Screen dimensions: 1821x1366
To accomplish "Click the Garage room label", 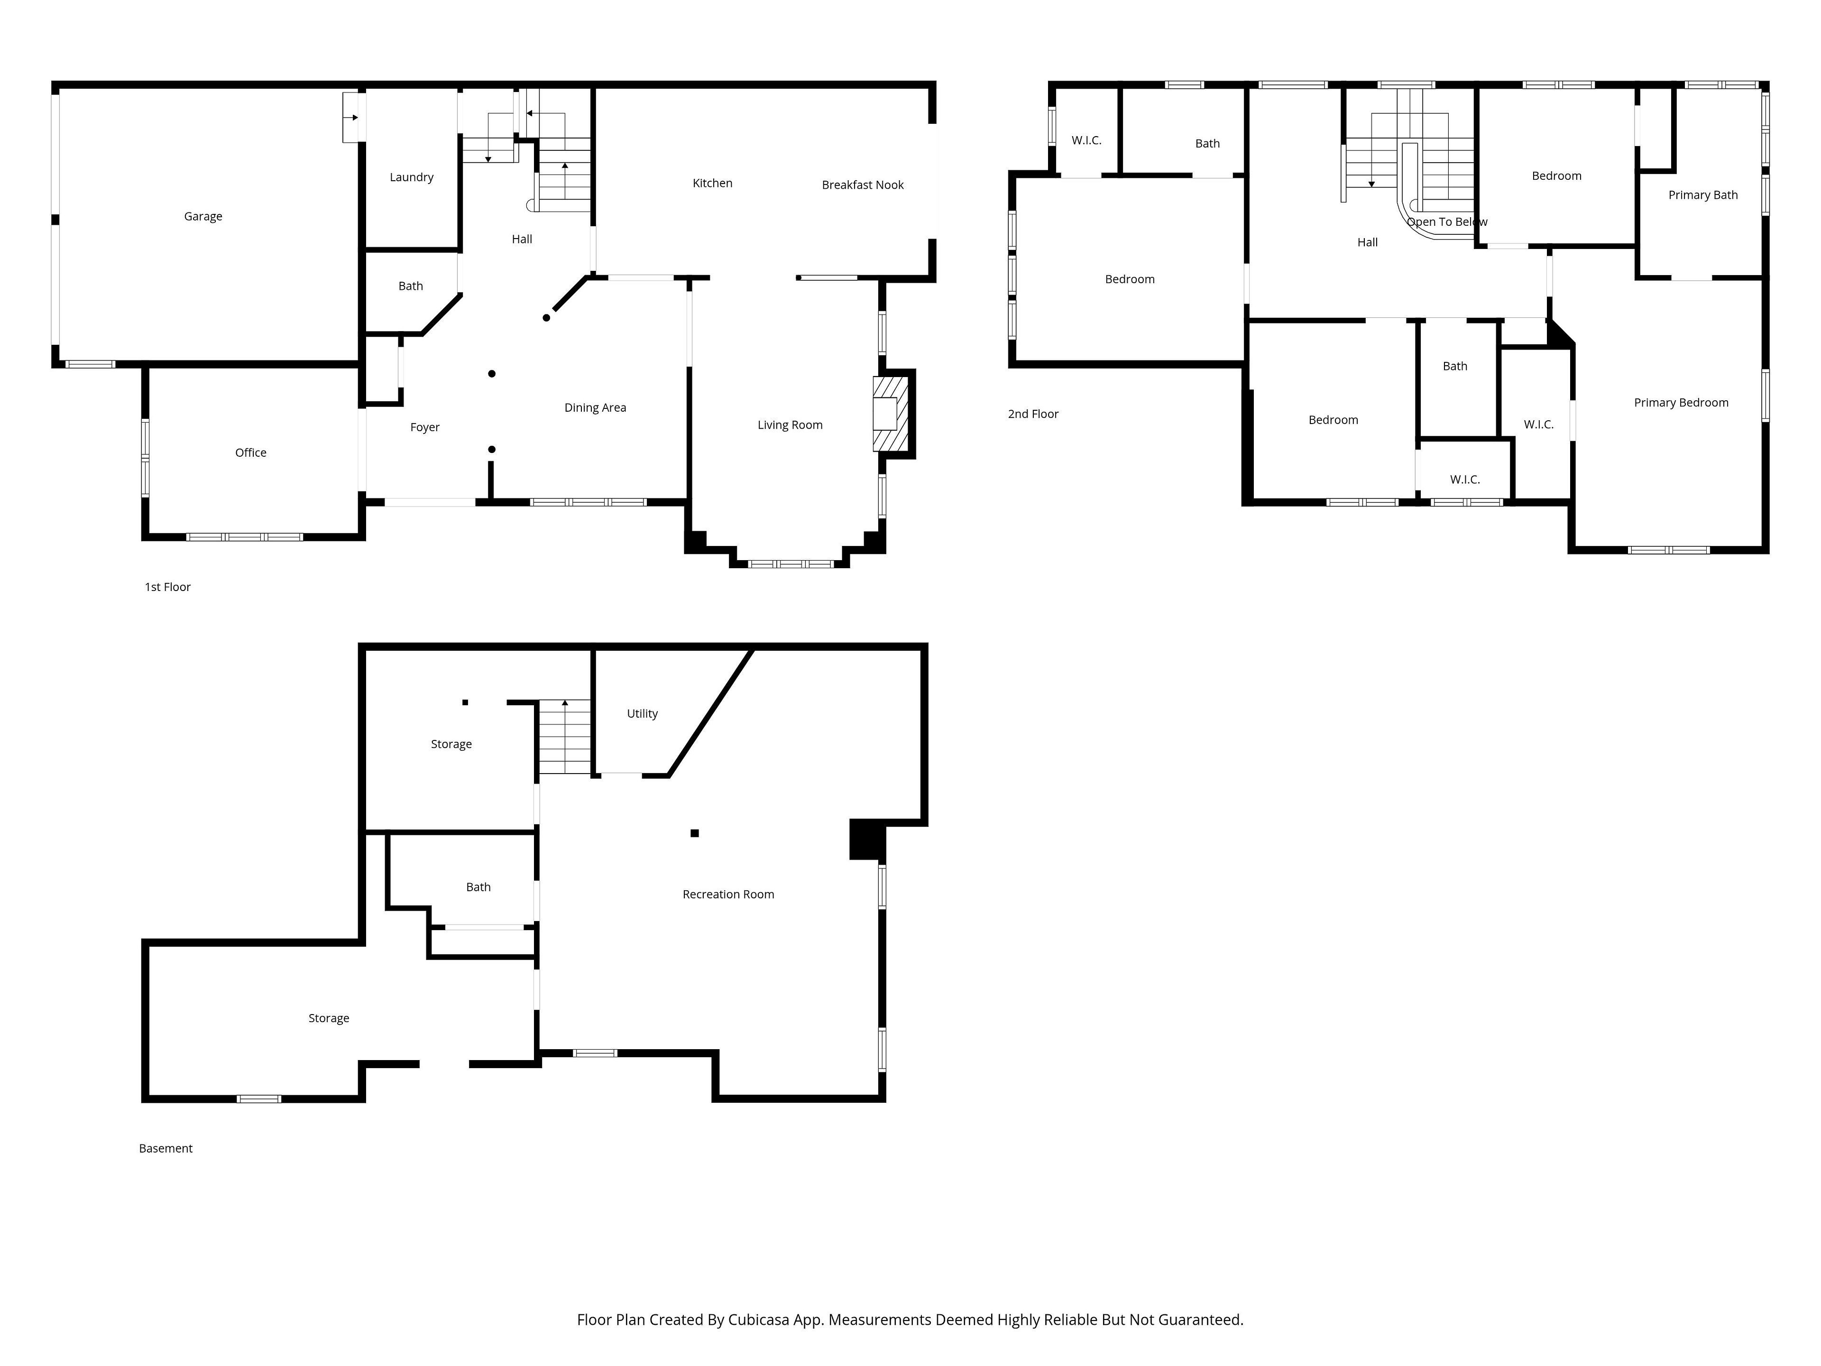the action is click(203, 217).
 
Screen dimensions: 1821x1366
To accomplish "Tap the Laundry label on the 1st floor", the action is click(412, 177).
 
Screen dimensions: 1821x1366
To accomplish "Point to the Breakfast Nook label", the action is click(863, 185).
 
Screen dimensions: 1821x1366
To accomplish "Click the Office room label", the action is click(251, 453).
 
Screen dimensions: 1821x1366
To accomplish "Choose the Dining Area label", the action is click(595, 407).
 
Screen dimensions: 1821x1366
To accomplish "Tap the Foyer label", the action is click(425, 427).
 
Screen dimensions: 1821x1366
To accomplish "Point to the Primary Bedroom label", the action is click(1681, 403).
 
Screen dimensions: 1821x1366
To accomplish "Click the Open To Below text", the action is click(1447, 222).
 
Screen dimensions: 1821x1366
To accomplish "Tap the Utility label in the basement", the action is click(642, 714).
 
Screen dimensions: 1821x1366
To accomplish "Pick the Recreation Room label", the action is click(728, 894).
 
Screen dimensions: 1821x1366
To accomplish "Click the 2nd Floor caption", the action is click(1033, 414).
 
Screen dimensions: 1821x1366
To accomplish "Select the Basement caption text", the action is click(166, 1149).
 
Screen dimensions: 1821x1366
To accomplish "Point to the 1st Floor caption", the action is click(168, 587).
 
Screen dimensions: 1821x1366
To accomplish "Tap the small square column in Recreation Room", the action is click(695, 833).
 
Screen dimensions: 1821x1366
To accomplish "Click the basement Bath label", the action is click(478, 887).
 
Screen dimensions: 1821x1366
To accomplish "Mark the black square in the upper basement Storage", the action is click(465, 702).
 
